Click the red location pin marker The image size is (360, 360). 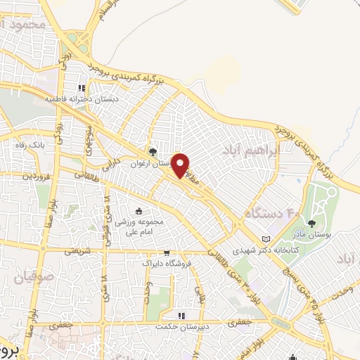click(x=181, y=165)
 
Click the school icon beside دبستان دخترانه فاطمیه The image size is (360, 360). click(x=82, y=89)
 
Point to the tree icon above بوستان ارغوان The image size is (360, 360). click(x=153, y=151)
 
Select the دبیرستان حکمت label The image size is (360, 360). click(x=181, y=327)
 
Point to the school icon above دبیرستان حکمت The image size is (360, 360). click(x=181, y=316)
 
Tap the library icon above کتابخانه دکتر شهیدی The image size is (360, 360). click(x=266, y=238)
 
